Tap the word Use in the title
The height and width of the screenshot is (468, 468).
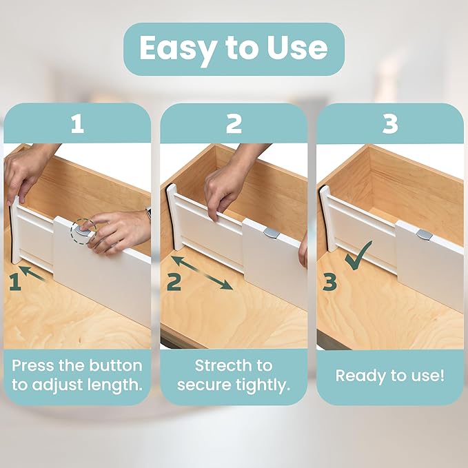(297, 48)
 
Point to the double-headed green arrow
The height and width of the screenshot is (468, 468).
(202, 272)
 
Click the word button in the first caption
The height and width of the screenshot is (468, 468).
(114, 365)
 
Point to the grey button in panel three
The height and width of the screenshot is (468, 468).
(425, 234)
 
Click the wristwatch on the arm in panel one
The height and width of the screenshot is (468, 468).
(147, 214)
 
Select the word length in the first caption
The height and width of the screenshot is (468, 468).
(118, 385)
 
